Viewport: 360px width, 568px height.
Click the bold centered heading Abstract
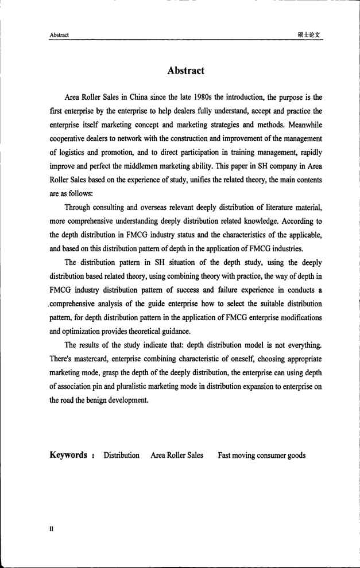185,71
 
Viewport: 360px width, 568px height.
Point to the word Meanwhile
300,124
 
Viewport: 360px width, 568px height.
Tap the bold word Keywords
68,456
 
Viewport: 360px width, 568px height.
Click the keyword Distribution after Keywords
121,456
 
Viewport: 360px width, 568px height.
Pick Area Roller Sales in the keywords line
177,456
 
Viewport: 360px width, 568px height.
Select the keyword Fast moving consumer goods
261,456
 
